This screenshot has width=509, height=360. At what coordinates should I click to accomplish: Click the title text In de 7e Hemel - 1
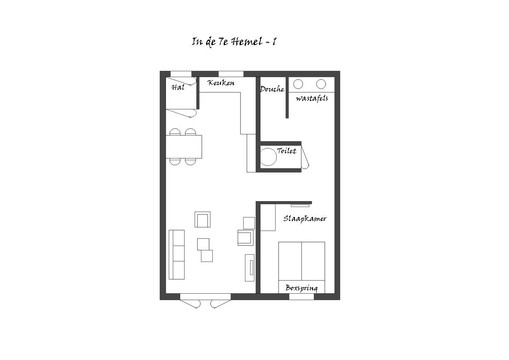(x=234, y=42)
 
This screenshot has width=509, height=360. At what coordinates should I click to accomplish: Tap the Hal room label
(x=177, y=87)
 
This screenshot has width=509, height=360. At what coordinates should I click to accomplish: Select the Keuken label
(x=221, y=83)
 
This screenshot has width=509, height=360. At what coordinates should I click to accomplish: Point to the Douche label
(x=272, y=89)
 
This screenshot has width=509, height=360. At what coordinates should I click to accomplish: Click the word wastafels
(x=312, y=98)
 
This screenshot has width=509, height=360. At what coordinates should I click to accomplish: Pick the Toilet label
(x=286, y=151)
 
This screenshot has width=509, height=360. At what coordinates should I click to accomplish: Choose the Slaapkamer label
(x=304, y=218)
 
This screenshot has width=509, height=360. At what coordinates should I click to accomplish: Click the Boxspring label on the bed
(x=301, y=288)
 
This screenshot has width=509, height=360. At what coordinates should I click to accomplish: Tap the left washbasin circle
(x=298, y=84)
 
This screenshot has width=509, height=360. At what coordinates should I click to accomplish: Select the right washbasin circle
(x=321, y=84)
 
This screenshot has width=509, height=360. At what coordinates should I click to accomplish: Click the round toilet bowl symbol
(x=268, y=157)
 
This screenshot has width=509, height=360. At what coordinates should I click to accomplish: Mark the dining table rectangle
(x=184, y=147)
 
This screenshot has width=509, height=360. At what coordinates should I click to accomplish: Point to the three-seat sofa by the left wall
(x=176, y=254)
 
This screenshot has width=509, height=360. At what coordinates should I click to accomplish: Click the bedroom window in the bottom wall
(x=302, y=296)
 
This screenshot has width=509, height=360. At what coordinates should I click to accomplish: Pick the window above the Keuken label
(x=231, y=74)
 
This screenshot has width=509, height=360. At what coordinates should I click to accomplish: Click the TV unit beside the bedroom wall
(x=250, y=267)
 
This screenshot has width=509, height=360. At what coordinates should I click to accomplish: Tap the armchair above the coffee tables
(x=203, y=219)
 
